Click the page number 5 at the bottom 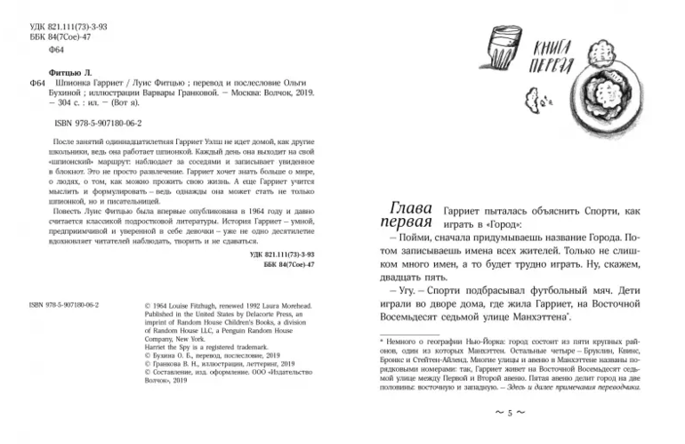coord(511,414)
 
